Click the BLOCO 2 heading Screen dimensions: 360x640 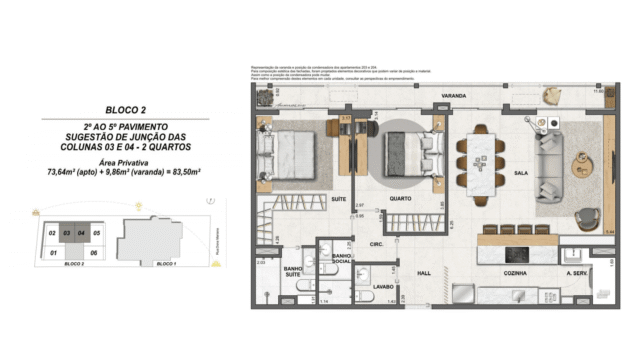[x=127, y=109]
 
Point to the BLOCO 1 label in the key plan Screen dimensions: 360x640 [x=163, y=266]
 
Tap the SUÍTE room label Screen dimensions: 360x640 [x=339, y=200]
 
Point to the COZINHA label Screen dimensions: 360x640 [x=515, y=272]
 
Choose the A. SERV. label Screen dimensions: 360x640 [x=578, y=272]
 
